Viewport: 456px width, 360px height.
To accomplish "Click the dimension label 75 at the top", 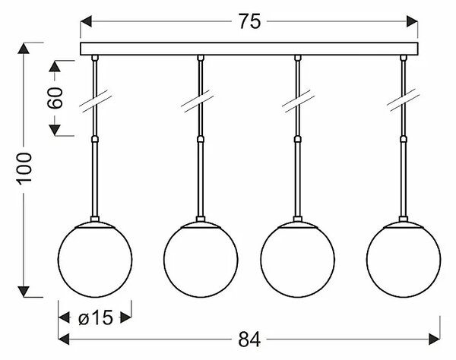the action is tap(249, 21).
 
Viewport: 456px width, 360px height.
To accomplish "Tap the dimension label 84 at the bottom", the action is tap(249, 339).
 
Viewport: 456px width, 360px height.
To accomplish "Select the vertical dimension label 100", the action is tap(24, 169).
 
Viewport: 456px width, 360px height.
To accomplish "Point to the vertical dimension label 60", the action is tap(55, 98).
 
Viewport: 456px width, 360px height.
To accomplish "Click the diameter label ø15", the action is tap(96, 317).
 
